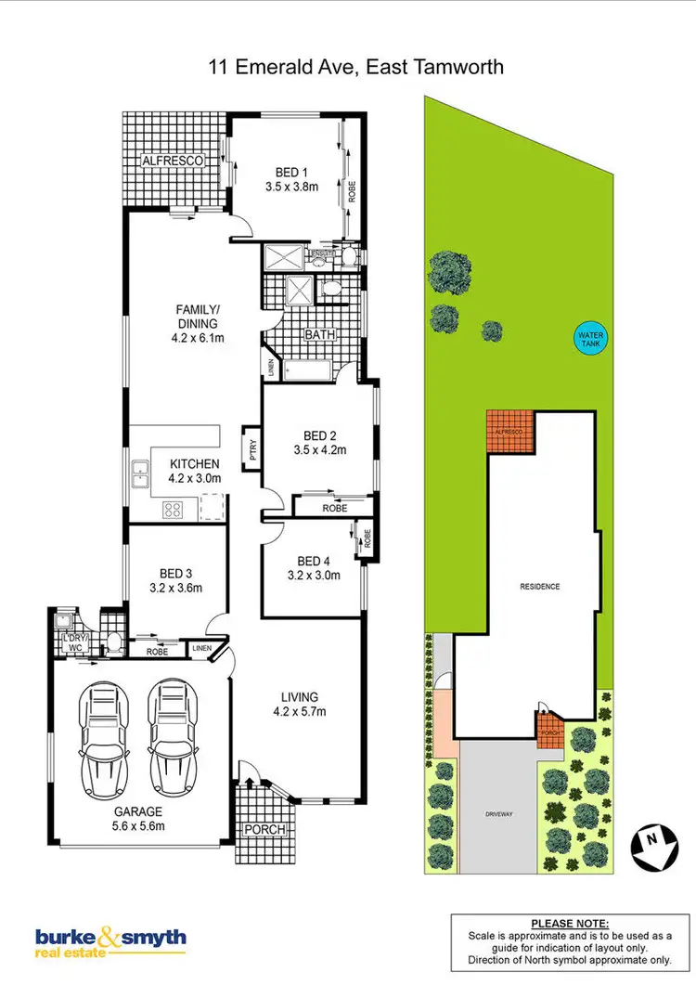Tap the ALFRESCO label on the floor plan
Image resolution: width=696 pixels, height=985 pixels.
(172, 161)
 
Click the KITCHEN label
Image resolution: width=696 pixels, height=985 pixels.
(194, 464)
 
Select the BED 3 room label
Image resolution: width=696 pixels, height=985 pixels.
(176, 573)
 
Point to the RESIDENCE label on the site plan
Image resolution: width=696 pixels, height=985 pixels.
(539, 587)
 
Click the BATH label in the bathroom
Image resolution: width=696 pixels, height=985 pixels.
(320, 334)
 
